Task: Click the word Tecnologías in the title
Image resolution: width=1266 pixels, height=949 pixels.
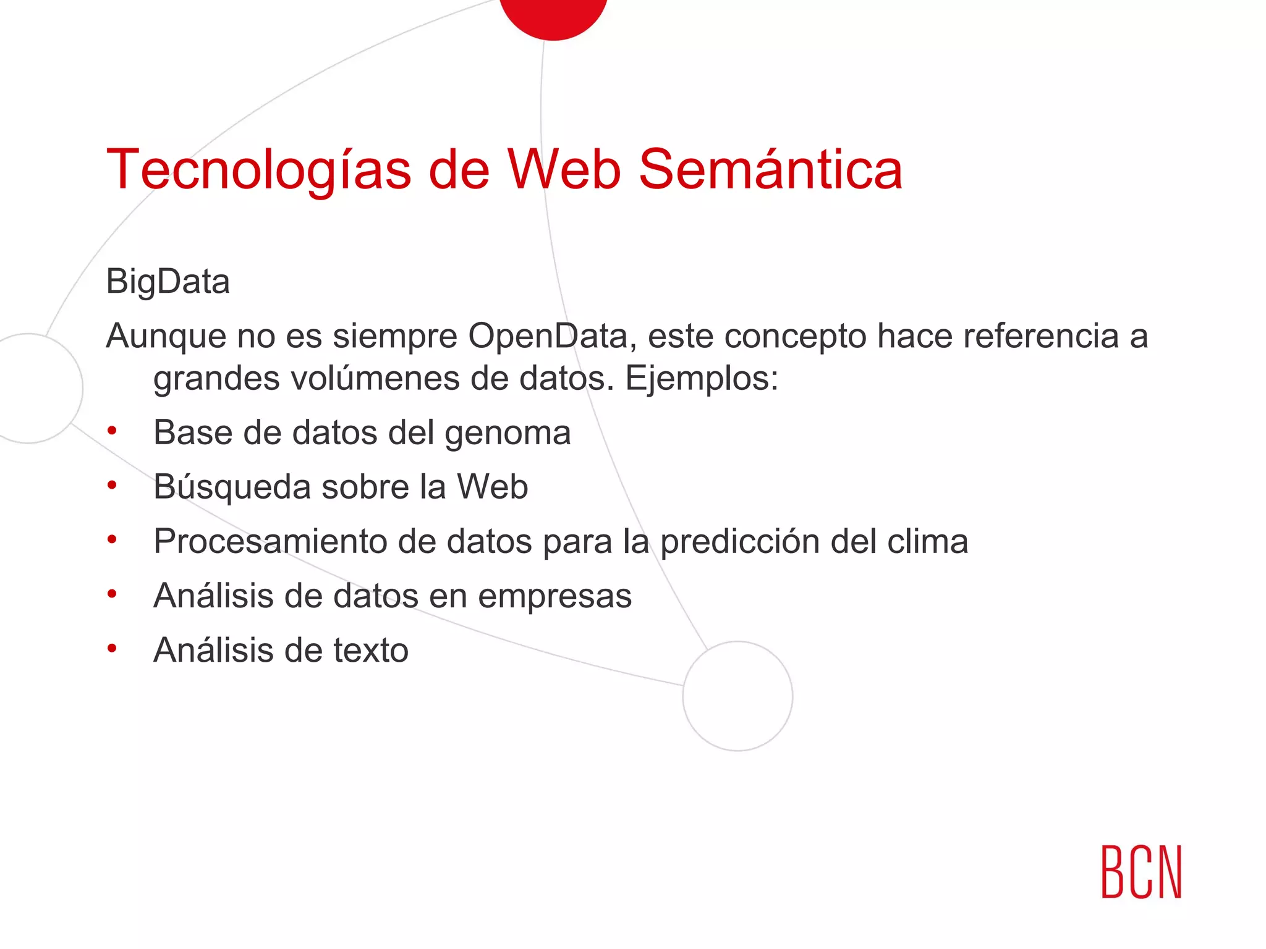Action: click(258, 170)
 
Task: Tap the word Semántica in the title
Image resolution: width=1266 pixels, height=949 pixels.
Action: click(770, 170)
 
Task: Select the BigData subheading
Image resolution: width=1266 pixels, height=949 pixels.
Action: click(168, 282)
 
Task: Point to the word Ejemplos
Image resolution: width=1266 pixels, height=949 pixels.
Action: click(701, 378)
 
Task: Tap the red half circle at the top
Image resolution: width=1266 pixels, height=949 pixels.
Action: click(553, 15)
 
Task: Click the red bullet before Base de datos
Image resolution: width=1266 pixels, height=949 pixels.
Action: click(112, 431)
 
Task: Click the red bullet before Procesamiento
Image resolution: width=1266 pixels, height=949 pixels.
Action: click(112, 539)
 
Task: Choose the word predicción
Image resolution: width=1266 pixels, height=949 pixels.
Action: click(739, 542)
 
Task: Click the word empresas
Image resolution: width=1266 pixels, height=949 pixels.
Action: click(554, 597)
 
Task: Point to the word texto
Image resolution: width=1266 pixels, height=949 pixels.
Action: click(371, 651)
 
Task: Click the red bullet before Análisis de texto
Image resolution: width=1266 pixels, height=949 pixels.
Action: click(112, 648)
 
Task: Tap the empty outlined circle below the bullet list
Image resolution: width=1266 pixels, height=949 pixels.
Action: click(737, 696)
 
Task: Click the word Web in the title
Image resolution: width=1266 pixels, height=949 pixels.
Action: click(564, 170)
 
